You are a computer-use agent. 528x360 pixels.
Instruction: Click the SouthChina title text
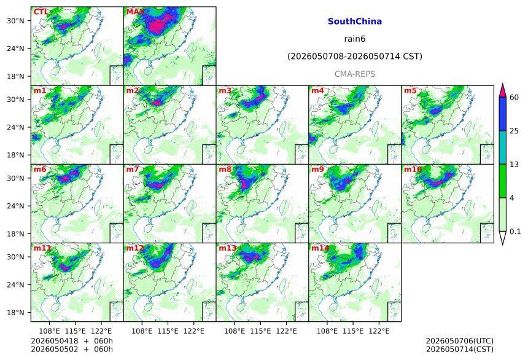point(355,22)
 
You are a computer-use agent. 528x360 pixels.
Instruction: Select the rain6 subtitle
point(355,39)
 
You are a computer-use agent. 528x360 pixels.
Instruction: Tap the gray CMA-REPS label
point(355,74)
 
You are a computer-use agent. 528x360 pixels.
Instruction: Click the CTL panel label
point(41,12)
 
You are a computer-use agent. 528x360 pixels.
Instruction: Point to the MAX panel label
point(135,12)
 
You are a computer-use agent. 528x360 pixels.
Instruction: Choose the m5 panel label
point(410,91)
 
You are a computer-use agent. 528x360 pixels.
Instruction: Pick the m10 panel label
point(413,169)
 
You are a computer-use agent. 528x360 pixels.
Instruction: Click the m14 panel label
point(320,248)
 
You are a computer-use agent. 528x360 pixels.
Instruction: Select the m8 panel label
point(225,169)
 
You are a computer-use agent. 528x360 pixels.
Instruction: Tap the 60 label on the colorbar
point(514,98)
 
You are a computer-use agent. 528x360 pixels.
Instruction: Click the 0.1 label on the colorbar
point(515,232)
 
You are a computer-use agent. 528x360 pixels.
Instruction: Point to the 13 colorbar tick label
point(514,165)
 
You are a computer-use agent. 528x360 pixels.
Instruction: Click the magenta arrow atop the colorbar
point(502,90)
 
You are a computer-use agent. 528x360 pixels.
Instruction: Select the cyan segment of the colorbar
point(502,147)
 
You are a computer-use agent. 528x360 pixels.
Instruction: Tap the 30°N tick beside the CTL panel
point(15,21)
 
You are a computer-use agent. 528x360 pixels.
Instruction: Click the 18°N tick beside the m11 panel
point(15,313)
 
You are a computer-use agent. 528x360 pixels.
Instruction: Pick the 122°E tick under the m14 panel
point(379,331)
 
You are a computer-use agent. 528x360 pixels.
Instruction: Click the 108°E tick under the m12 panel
point(142,331)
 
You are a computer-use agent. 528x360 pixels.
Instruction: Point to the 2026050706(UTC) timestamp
point(460,341)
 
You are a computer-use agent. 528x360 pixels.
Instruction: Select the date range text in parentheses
point(355,57)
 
